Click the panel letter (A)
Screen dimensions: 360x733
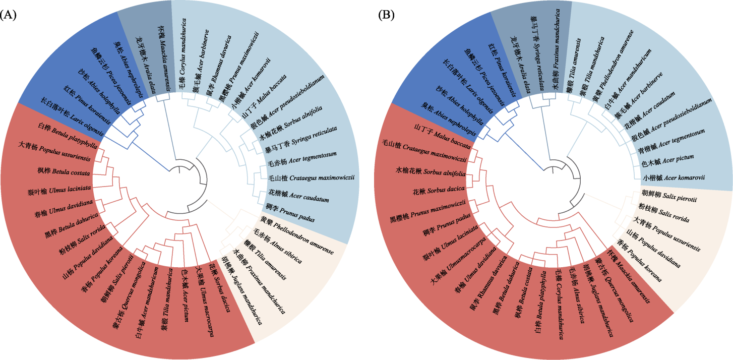pyautogui.click(x=9, y=15)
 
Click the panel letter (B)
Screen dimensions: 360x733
pyautogui.click(x=386, y=15)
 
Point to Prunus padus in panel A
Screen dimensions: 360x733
pyautogui.click(x=289, y=213)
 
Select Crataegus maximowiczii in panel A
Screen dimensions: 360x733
pyautogui.click(x=313, y=177)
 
